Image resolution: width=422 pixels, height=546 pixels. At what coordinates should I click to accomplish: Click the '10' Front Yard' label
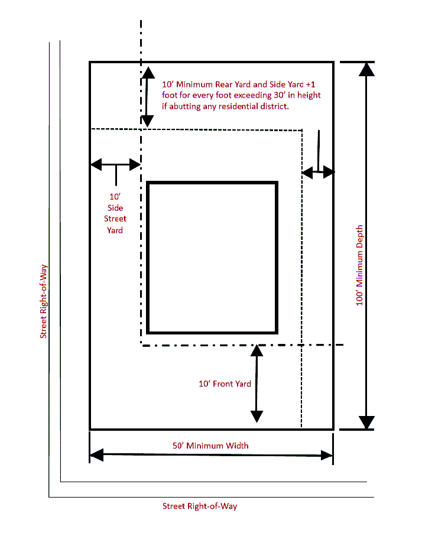(x=225, y=383)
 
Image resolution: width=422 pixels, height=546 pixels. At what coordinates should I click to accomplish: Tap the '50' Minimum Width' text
(x=210, y=446)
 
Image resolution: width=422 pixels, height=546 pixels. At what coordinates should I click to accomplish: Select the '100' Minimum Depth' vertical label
(x=359, y=265)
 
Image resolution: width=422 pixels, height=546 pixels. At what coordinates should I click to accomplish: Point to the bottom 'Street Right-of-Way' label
(x=200, y=506)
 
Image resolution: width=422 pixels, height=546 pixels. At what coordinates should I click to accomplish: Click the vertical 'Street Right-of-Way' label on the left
(x=43, y=301)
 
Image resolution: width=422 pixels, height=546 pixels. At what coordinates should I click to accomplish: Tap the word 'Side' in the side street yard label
(x=115, y=208)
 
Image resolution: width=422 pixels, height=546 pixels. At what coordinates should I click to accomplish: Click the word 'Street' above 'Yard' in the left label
(x=115, y=219)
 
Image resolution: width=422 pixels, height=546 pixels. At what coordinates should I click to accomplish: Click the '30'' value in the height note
(x=280, y=95)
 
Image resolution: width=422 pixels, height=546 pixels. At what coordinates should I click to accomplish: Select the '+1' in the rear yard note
(x=310, y=84)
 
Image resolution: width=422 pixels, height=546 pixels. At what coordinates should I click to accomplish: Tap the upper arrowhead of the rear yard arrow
(x=148, y=73)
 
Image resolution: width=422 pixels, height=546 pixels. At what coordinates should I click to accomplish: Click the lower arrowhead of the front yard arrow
(x=257, y=417)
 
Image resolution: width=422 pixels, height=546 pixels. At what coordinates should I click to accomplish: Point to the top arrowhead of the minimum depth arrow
(x=366, y=70)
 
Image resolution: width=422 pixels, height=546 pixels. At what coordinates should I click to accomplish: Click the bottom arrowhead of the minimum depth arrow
(x=366, y=422)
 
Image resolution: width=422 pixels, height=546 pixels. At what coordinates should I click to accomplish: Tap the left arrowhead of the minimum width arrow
(x=97, y=455)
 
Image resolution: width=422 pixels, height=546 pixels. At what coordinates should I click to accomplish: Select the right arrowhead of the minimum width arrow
(x=327, y=455)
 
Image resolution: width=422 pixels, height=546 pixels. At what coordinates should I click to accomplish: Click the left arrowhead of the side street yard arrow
(x=96, y=164)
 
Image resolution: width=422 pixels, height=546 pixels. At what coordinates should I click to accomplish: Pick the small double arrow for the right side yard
(x=318, y=172)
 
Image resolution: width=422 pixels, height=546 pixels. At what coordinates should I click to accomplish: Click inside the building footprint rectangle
(x=212, y=258)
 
